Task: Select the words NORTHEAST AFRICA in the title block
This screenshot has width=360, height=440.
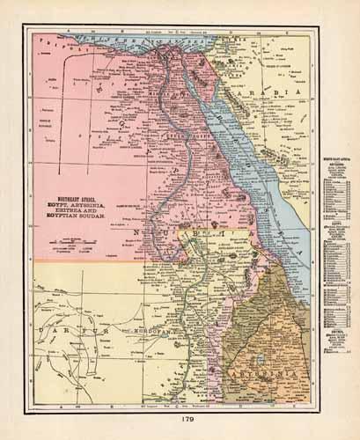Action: pos(76,197)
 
